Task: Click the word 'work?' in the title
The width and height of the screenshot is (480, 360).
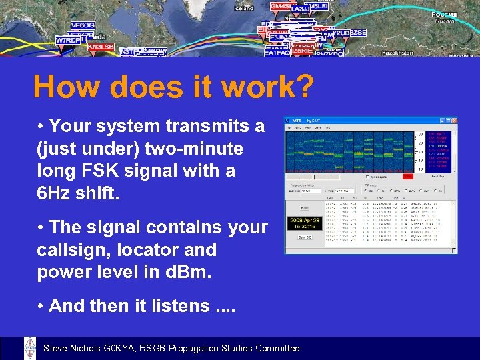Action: tap(268, 87)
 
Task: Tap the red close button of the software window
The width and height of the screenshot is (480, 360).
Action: tap(454, 121)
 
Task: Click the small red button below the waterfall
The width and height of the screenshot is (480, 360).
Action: tap(407, 177)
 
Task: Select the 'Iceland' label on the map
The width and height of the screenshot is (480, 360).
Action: tap(244, 9)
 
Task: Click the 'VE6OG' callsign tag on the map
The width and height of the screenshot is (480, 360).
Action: tap(83, 25)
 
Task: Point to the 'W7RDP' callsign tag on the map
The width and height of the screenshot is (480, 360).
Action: tap(67, 40)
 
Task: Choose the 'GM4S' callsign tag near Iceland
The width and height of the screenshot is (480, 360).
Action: tap(279, 6)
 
